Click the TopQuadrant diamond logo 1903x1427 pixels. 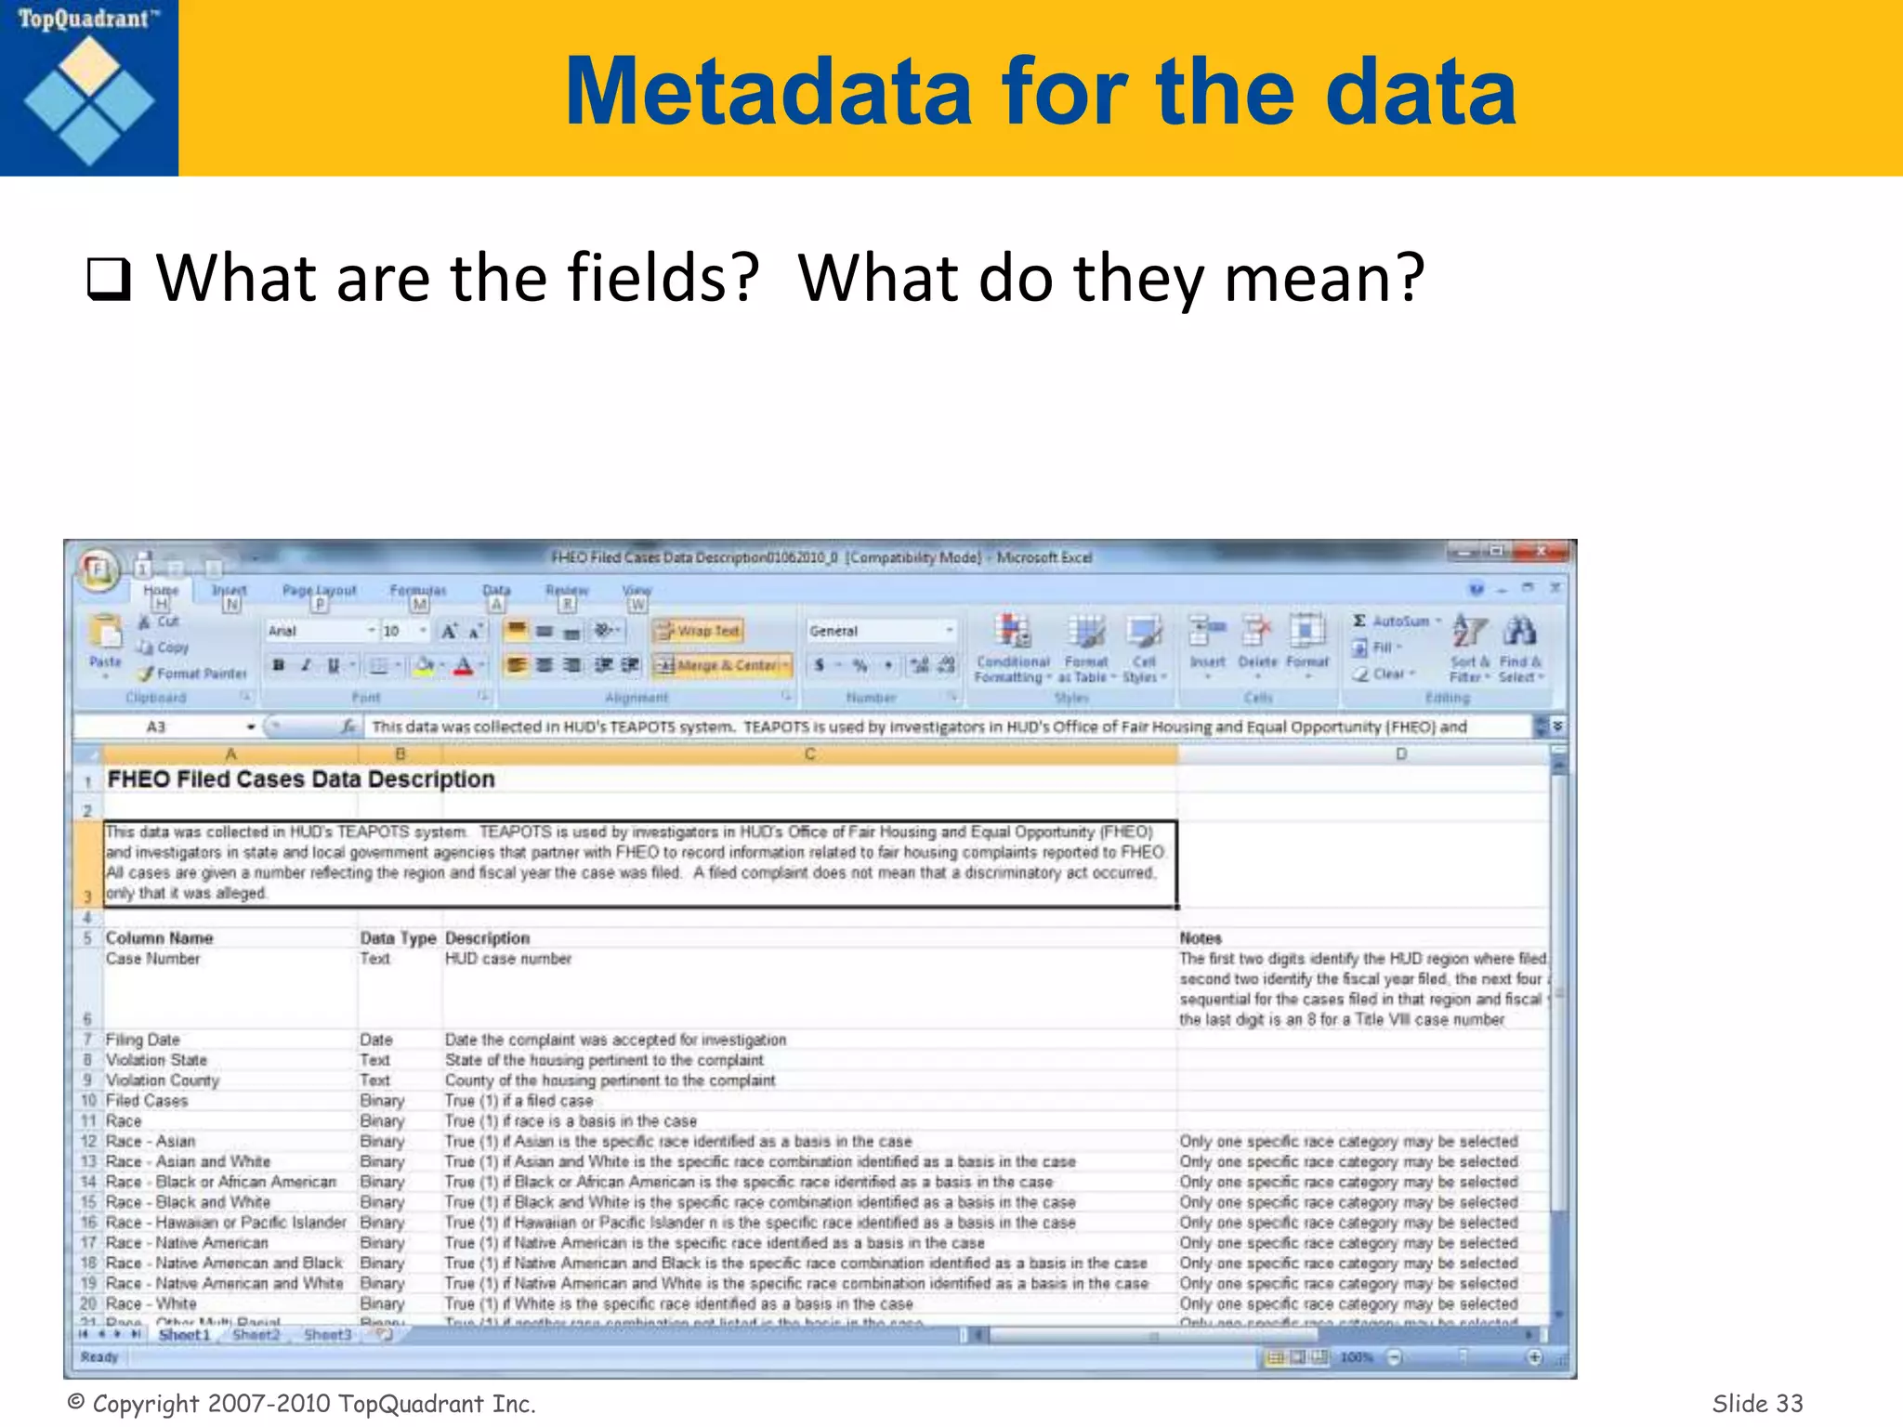[89, 100]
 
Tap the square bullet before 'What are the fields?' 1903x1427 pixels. [108, 280]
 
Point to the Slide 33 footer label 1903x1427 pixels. [1756, 1403]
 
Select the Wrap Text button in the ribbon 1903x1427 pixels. [699, 631]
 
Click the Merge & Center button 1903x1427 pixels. [722, 665]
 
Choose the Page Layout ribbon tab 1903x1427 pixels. [319, 591]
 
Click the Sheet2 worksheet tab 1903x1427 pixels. [256, 1335]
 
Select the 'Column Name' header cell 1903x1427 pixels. [159, 938]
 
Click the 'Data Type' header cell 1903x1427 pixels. [398, 938]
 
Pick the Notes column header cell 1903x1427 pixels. [1201, 938]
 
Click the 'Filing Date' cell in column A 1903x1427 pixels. [143, 1040]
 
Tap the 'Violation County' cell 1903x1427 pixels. [163, 1080]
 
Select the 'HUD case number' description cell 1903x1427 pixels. [508, 959]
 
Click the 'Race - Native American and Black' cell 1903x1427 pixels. [224, 1263]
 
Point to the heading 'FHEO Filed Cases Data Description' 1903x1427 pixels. [301, 779]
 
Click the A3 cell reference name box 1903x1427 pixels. [156, 727]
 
